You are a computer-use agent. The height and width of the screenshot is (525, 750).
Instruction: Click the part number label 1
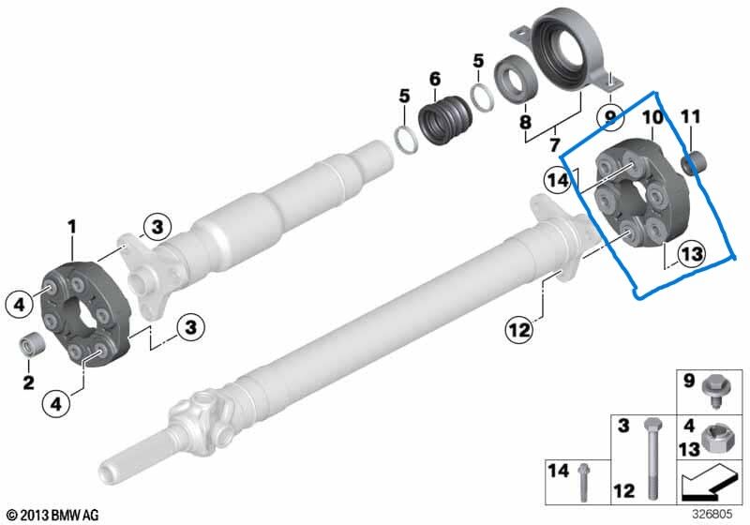click(70, 226)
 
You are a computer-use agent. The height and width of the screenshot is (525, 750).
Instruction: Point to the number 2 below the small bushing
click(28, 382)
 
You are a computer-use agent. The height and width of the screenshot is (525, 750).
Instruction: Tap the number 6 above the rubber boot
click(435, 79)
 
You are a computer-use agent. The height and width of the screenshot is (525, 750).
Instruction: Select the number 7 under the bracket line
click(555, 145)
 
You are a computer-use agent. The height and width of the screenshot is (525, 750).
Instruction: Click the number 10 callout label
click(652, 117)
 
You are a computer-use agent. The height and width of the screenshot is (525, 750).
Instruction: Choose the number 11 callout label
click(690, 117)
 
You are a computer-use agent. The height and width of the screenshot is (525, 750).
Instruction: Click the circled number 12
click(518, 329)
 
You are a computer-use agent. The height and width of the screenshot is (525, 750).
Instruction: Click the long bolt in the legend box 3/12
click(647, 458)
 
